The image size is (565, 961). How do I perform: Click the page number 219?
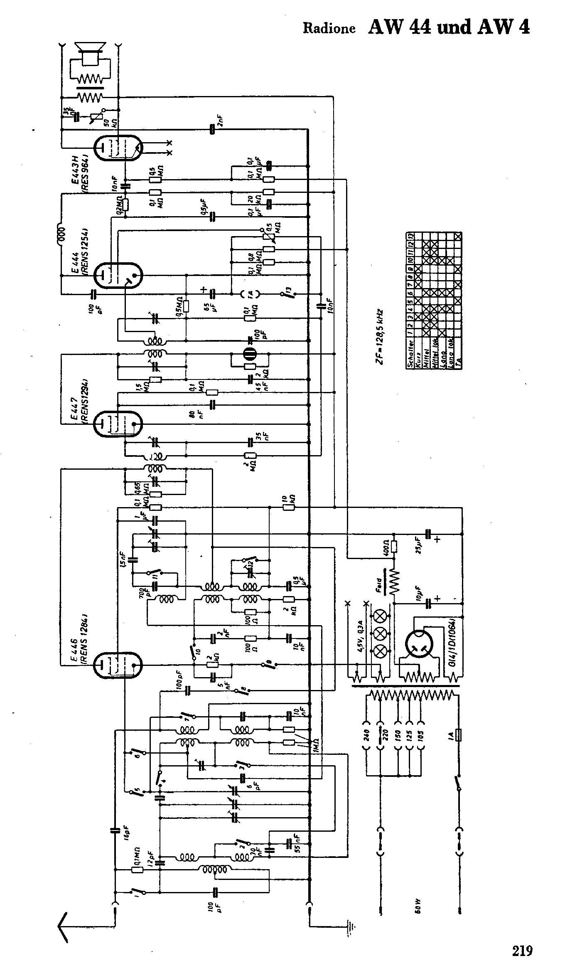click(522, 939)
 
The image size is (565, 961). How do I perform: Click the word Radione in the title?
click(329, 28)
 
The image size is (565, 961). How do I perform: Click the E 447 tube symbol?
click(118, 424)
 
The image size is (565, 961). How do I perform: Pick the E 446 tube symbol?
click(118, 665)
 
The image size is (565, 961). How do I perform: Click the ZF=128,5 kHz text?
click(380, 337)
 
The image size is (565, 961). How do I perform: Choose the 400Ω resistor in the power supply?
click(394, 547)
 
